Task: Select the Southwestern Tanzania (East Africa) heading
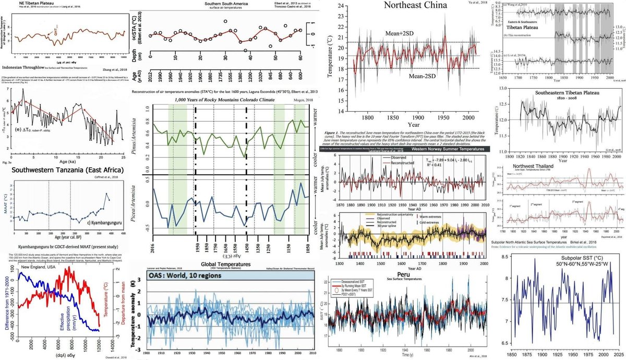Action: pyautogui.click(x=62, y=170)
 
